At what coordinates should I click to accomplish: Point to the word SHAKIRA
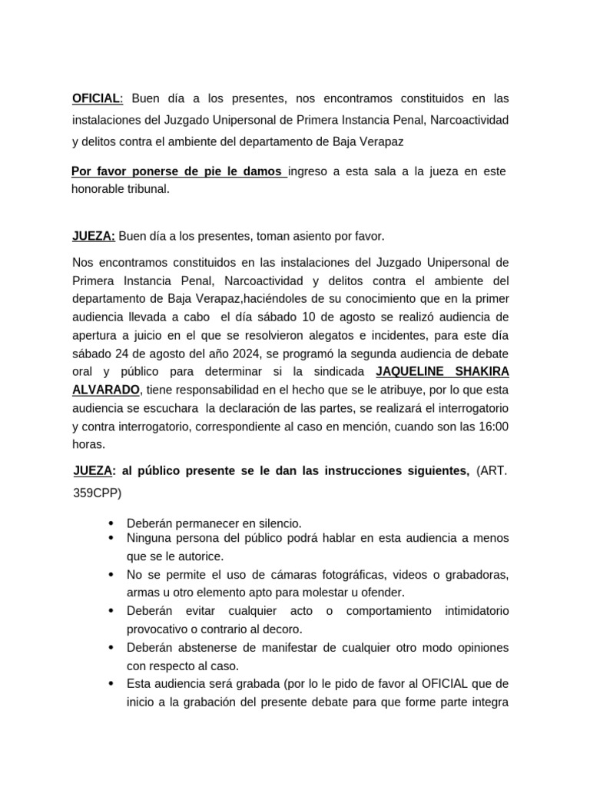point(481,372)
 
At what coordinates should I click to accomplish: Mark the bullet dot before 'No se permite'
point(113,575)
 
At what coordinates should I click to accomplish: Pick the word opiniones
point(477,647)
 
